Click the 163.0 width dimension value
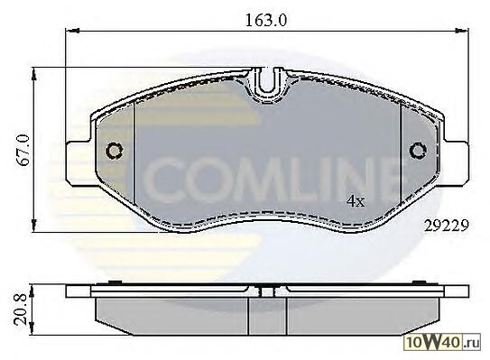coord(265,21)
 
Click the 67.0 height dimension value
coord(23,150)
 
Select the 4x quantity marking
coord(356,201)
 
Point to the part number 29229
coord(447,226)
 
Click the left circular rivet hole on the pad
coord(115,152)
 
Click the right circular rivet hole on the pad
coord(418,152)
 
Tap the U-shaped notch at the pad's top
coord(266,82)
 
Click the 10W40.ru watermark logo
coord(442,342)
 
